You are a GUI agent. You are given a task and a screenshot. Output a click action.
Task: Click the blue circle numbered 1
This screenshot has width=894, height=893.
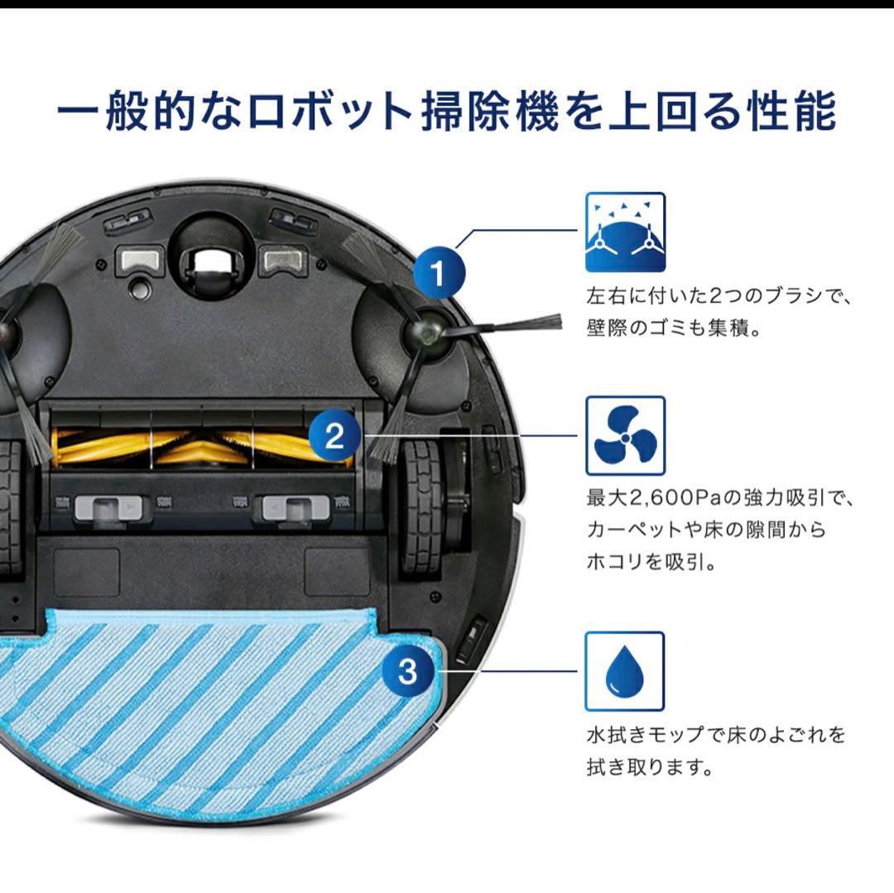click(440, 272)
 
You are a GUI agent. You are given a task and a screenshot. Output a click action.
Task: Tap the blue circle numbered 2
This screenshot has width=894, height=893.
click(334, 435)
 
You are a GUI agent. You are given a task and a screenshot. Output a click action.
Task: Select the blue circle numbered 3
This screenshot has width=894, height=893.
click(407, 671)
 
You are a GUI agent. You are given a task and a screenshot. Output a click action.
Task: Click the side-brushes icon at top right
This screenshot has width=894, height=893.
click(625, 233)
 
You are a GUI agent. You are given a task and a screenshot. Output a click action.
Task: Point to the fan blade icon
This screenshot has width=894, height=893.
click(625, 435)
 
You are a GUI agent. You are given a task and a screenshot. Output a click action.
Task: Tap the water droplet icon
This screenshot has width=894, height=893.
click(625, 671)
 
